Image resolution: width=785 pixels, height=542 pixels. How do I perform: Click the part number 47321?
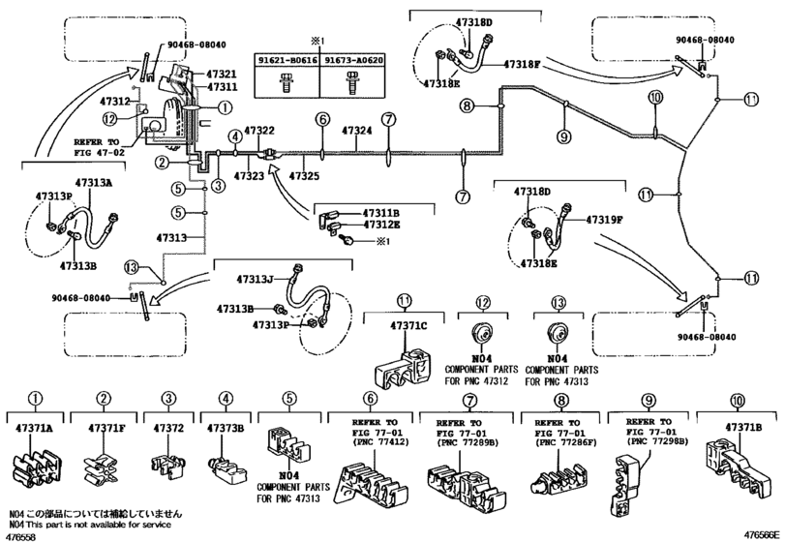click(221, 74)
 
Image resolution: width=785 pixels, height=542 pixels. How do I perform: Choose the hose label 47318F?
click(528, 64)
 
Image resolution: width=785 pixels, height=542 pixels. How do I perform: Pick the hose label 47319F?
click(597, 220)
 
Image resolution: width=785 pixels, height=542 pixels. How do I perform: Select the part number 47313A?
click(94, 182)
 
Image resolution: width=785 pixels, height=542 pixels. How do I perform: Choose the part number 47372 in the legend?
click(167, 427)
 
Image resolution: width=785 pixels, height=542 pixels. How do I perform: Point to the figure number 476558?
click(21, 535)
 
